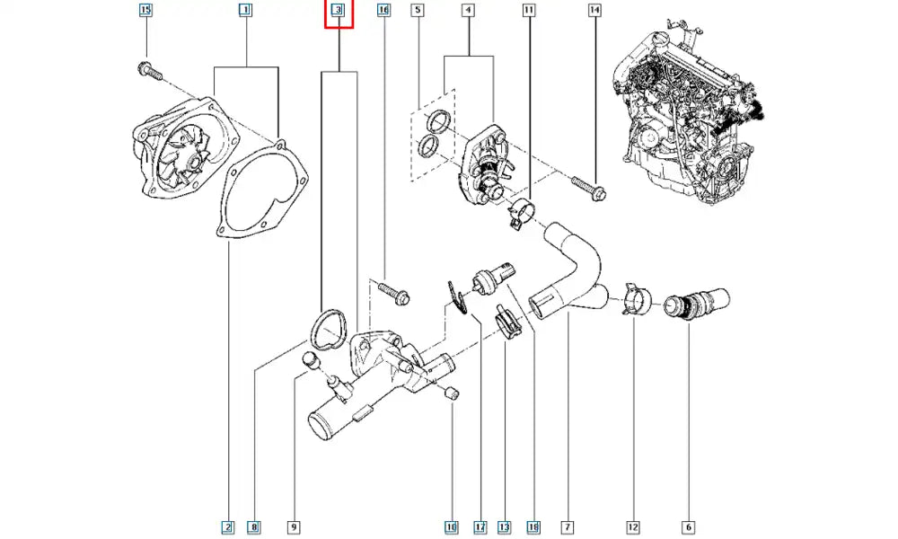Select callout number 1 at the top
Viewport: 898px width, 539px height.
(x=244, y=11)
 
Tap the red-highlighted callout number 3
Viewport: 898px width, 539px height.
(x=339, y=11)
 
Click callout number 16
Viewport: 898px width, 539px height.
(x=383, y=11)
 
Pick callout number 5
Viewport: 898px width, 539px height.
(x=417, y=11)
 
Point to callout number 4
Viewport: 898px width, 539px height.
(x=468, y=11)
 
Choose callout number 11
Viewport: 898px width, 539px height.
(x=529, y=11)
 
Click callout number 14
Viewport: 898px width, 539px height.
(x=594, y=11)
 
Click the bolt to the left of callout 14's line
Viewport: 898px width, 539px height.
(x=588, y=189)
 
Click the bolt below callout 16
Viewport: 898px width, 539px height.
(x=392, y=291)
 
